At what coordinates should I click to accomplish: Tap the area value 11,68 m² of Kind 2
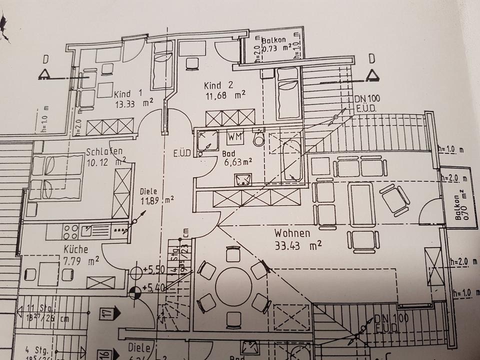[x=225, y=93]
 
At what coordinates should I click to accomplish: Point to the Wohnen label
[x=292, y=233]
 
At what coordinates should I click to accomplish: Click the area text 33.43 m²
[x=297, y=245]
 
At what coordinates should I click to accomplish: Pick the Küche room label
[x=76, y=249]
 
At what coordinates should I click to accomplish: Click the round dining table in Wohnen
[x=233, y=286]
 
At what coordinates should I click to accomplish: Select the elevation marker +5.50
[x=154, y=270]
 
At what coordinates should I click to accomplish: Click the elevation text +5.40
[x=154, y=287]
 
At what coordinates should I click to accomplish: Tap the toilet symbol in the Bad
[x=258, y=138]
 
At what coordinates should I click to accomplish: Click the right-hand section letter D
[x=371, y=58]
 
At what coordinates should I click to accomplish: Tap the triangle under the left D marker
[x=45, y=74]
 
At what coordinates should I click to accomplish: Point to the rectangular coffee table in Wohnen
[x=360, y=203]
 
